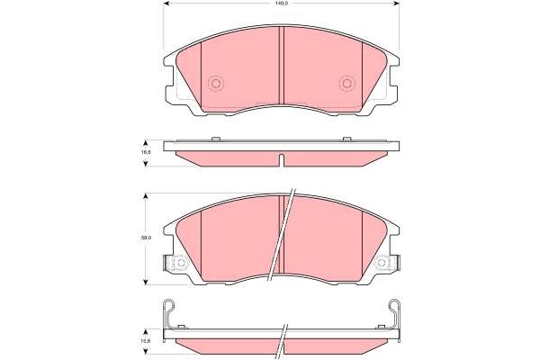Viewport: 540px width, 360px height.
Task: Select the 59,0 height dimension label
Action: [144, 238]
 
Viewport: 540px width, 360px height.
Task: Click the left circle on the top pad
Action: [215, 85]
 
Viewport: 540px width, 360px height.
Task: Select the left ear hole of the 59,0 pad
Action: [179, 264]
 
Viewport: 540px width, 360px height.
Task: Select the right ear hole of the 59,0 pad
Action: [383, 264]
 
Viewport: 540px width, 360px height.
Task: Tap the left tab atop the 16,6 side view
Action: [215, 139]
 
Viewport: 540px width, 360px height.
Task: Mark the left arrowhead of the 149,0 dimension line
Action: [168, 5]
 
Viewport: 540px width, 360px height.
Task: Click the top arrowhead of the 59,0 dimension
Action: [147, 195]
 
